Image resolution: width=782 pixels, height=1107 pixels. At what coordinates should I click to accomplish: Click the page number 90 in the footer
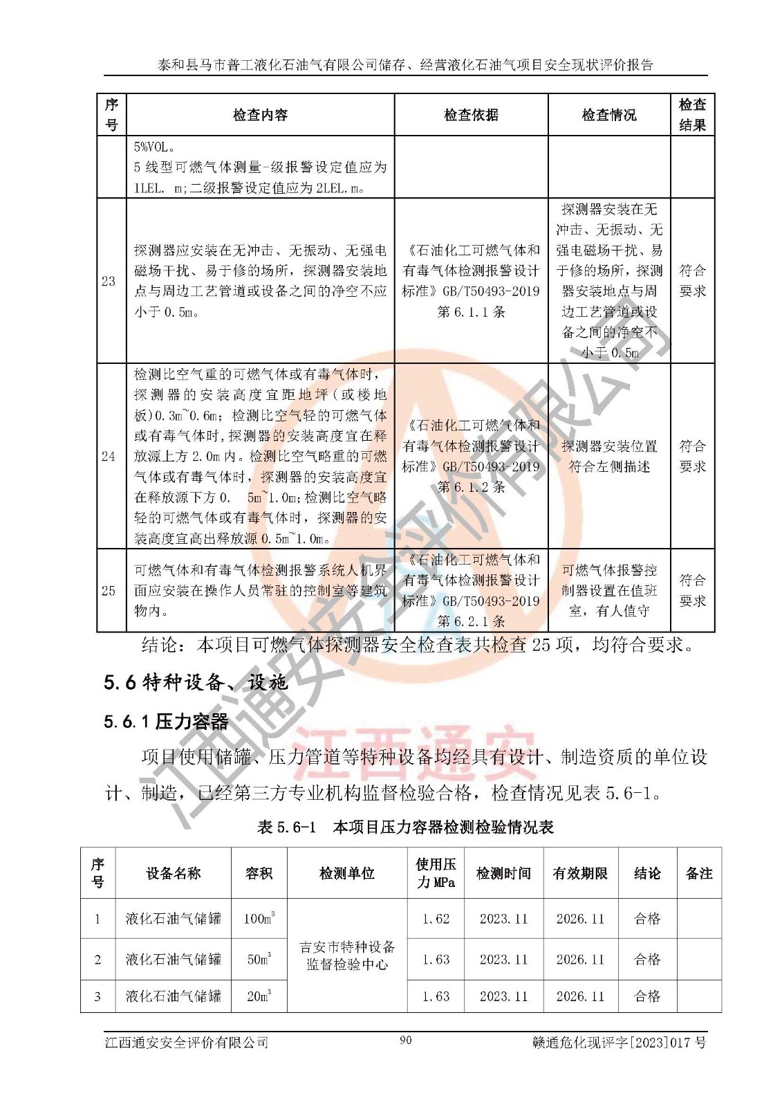click(406, 1040)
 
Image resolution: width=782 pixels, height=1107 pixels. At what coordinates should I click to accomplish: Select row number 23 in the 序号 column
click(109, 281)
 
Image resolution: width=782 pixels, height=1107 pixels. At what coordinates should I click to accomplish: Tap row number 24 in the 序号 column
click(109, 456)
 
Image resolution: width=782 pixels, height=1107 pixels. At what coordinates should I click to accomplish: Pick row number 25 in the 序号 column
click(109, 590)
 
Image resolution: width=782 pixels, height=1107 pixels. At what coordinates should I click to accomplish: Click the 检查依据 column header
click(471, 115)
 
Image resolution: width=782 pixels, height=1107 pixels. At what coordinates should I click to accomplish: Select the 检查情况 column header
click(608, 115)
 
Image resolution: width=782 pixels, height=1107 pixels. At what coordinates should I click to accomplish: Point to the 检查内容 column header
click(260, 115)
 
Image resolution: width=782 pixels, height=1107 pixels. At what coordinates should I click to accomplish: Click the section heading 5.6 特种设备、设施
click(196, 683)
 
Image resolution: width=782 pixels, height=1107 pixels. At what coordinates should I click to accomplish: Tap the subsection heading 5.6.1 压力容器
click(166, 722)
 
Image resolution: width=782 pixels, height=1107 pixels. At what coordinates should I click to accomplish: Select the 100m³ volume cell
click(259, 919)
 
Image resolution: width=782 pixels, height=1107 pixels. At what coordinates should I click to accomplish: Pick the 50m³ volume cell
click(259, 960)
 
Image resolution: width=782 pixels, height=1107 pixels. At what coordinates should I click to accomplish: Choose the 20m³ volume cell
click(259, 996)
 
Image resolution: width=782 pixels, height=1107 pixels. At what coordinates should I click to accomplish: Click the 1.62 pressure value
click(436, 919)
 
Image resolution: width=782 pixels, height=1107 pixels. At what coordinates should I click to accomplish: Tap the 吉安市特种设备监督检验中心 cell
click(347, 955)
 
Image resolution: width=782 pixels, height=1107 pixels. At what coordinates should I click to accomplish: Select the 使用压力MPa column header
click(436, 873)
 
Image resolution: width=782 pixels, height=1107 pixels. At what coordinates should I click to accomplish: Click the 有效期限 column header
click(580, 873)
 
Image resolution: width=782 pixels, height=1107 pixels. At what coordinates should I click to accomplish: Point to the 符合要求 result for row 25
click(692, 590)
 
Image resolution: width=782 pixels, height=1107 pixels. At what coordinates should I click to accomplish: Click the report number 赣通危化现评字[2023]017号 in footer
click(619, 1042)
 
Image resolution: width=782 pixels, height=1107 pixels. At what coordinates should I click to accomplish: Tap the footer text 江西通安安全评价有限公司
click(187, 1042)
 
